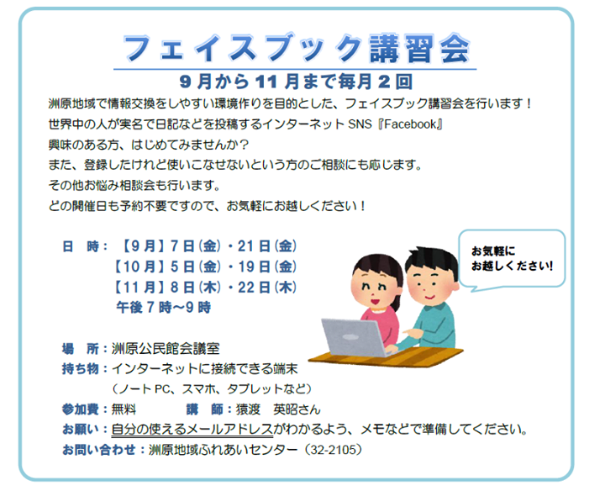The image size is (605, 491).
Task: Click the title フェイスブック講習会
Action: click(x=297, y=48)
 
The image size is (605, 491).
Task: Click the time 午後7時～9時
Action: click(x=164, y=308)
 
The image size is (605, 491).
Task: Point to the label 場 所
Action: click(x=81, y=349)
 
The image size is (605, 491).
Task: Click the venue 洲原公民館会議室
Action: click(x=166, y=349)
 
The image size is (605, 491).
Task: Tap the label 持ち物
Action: click(x=81, y=369)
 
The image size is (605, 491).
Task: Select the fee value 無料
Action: click(x=124, y=409)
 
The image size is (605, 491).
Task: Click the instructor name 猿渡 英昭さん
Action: click(x=278, y=409)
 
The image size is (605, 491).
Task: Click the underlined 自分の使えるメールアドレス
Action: click(x=192, y=430)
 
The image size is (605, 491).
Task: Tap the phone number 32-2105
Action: click(x=334, y=450)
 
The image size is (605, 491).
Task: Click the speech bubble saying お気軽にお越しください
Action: click(x=512, y=259)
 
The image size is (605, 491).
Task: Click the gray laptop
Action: click(x=355, y=337)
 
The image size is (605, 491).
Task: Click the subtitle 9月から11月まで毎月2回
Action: click(x=296, y=82)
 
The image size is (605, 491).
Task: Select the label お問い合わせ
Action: click(x=99, y=450)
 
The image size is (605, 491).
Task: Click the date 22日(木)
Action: click(x=267, y=288)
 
